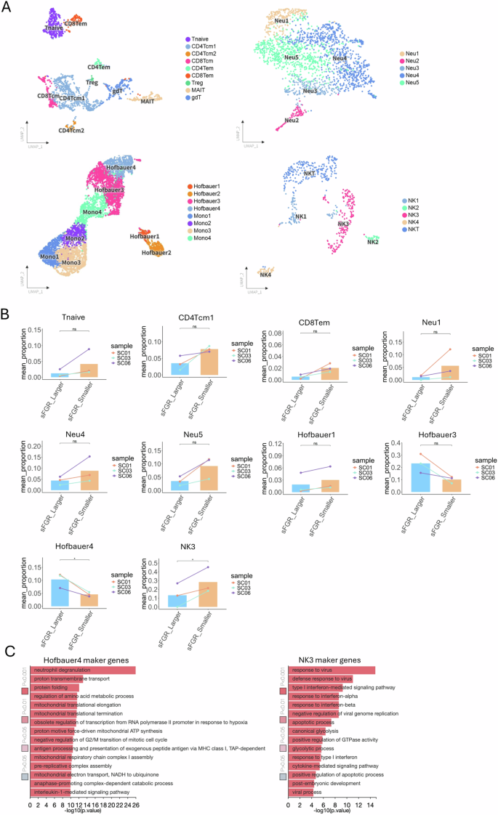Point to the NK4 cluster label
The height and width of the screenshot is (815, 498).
coord(265,275)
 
